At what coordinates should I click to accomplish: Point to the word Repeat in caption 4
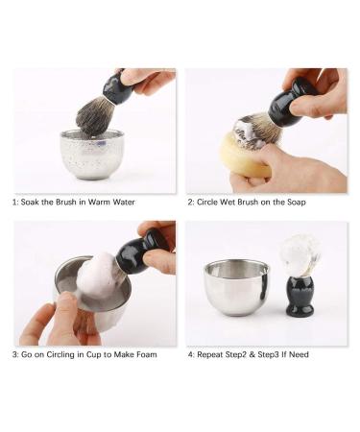(214, 354)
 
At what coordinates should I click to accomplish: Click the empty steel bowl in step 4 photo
(234, 286)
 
